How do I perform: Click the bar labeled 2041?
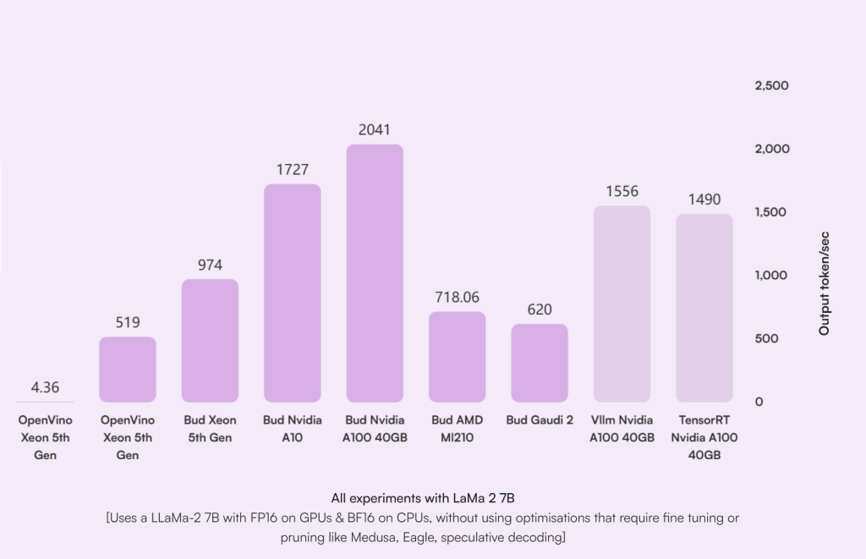[x=375, y=273]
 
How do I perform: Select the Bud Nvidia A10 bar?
[x=293, y=293]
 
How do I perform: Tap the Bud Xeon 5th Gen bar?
[x=210, y=340]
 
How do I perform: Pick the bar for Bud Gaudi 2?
[x=540, y=363]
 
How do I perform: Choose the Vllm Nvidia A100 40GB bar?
[x=622, y=304]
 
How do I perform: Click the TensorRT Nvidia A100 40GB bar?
[x=704, y=308]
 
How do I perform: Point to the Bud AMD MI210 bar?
[x=458, y=356]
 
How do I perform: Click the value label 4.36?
[x=45, y=387]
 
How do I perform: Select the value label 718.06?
[x=458, y=297]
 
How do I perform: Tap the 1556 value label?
[x=622, y=191]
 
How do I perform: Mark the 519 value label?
[x=128, y=322]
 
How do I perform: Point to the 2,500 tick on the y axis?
[x=771, y=85]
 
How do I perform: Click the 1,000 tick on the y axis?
[x=771, y=275]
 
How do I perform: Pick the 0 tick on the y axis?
[x=759, y=401]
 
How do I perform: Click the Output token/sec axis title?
[x=824, y=282]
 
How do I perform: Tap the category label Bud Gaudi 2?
[x=540, y=420]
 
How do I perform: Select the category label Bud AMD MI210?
[x=458, y=429]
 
